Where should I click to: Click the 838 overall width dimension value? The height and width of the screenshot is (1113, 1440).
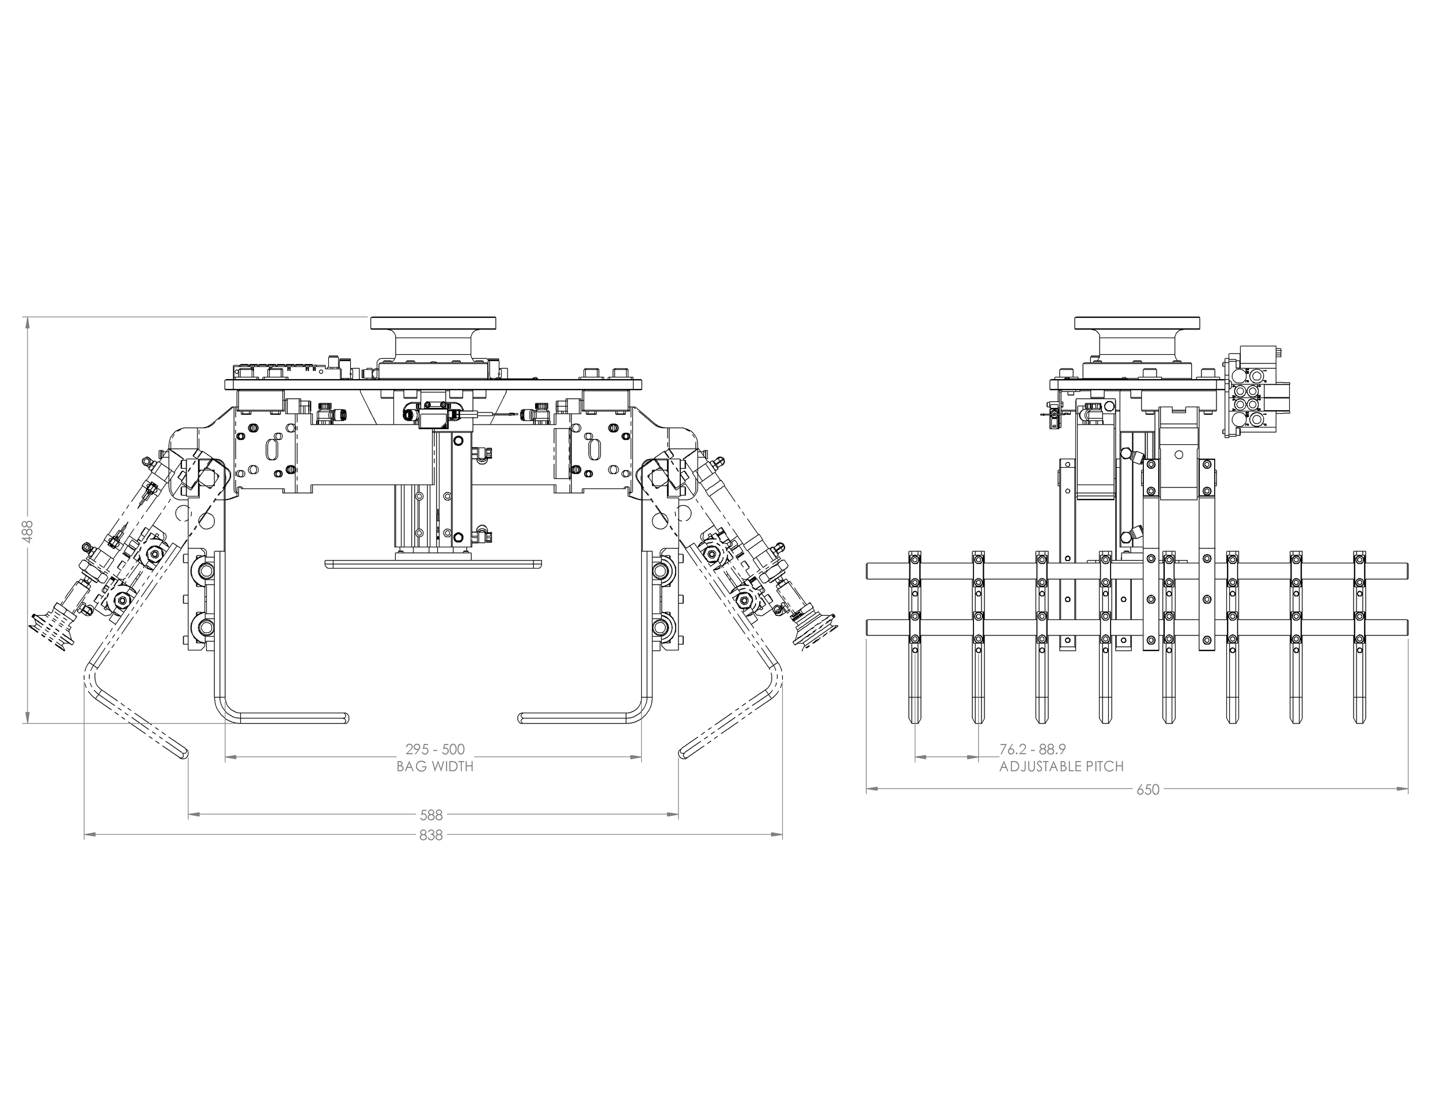[x=431, y=835]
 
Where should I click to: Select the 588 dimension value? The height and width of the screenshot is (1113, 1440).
[x=431, y=816]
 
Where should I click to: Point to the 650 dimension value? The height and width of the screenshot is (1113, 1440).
[x=1148, y=790]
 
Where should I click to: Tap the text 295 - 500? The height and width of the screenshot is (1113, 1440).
[x=435, y=749]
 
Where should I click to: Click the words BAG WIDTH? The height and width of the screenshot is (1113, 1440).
[x=435, y=767]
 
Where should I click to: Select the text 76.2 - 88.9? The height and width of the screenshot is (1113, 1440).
[x=1033, y=749]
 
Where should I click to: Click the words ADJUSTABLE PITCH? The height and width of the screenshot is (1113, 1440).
[x=1062, y=767]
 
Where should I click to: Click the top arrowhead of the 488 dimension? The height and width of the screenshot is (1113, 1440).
[x=28, y=323]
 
